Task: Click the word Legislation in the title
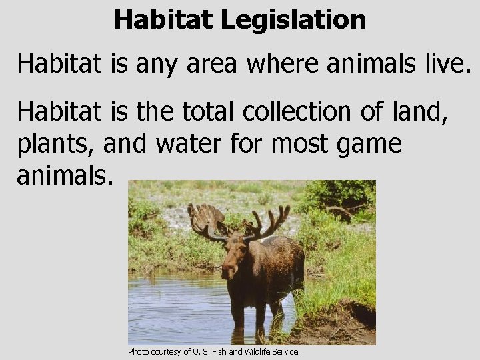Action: pos(293,19)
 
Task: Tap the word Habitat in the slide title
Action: pos(164,19)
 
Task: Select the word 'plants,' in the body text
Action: pos(55,143)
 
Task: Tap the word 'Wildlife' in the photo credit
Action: pos(261,351)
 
